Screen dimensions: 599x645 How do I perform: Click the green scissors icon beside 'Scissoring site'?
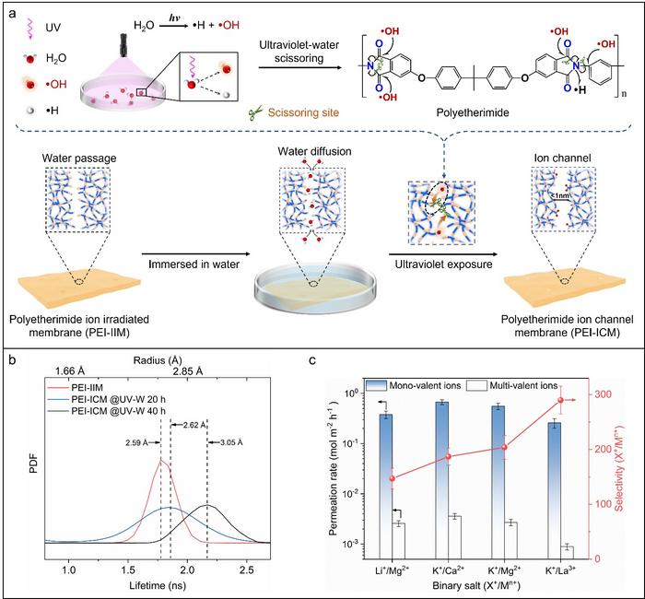(255, 115)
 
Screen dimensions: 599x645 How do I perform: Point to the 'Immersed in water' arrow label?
(197, 264)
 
